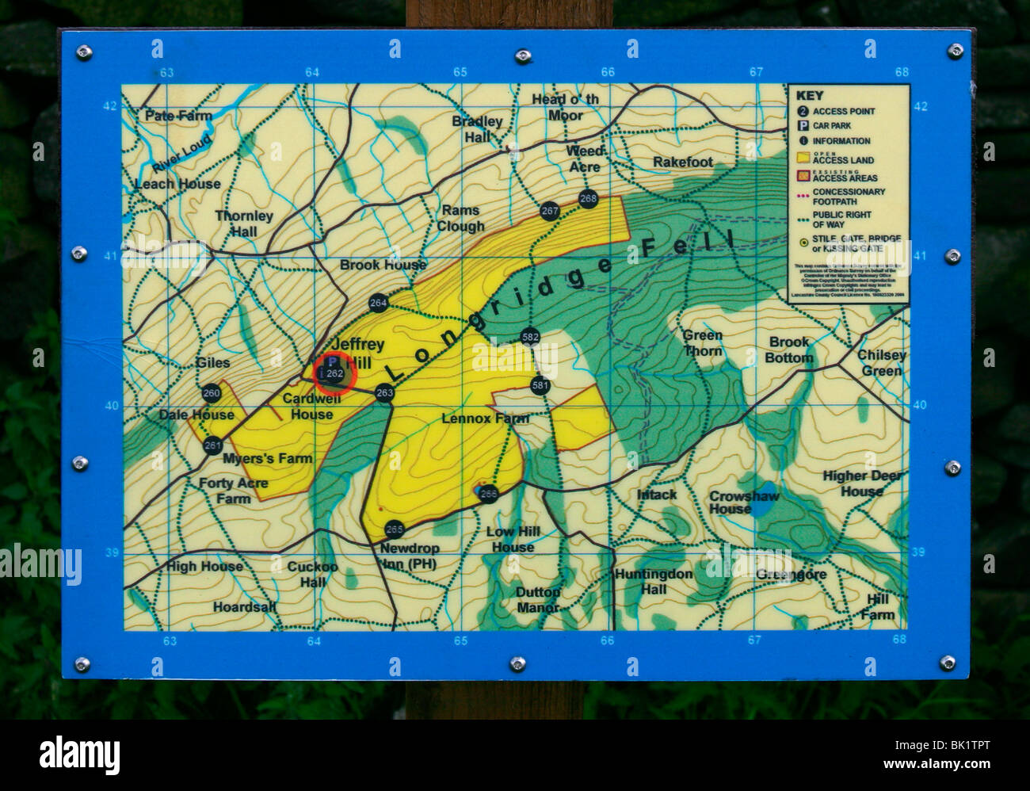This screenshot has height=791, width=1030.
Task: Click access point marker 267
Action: point(550,211)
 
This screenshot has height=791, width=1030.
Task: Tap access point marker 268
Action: point(588,198)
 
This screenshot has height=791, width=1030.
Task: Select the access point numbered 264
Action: point(378,303)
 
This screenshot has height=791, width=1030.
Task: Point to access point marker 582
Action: point(530,337)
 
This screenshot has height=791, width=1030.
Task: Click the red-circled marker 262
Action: point(334,373)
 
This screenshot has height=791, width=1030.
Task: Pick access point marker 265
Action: point(394,529)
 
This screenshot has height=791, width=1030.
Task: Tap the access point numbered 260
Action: point(211,393)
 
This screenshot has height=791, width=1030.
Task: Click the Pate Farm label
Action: point(178,116)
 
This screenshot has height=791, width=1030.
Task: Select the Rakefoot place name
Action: point(682,162)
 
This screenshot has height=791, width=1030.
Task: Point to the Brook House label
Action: point(383,265)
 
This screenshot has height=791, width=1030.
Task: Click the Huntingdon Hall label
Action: point(654,582)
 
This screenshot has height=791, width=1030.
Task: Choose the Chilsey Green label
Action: point(881,363)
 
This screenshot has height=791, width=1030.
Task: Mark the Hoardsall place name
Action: point(244,607)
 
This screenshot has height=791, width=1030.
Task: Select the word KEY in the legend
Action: point(809,96)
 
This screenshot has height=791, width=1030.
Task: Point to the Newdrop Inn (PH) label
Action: point(409,556)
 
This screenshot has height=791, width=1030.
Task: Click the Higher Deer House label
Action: point(862,483)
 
